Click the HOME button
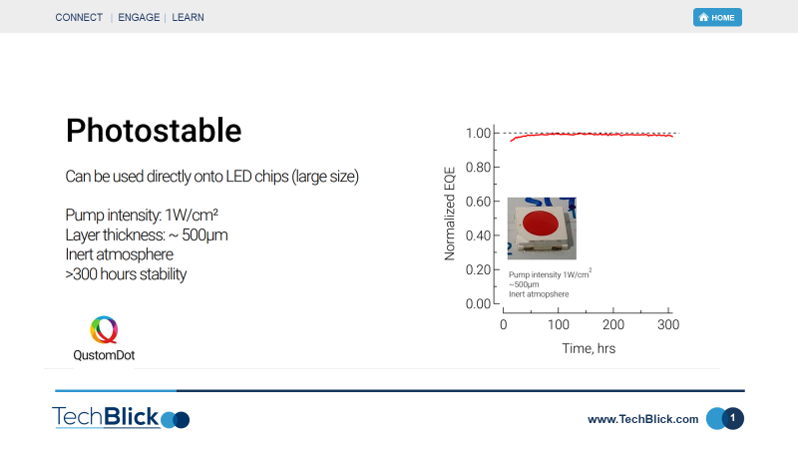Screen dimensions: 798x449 tap(717, 17)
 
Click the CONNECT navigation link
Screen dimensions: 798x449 tap(79, 17)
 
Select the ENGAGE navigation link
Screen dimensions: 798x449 tap(139, 17)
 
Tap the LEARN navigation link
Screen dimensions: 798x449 tap(188, 17)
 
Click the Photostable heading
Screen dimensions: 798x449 tap(154, 131)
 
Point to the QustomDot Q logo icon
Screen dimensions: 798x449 tap(104, 329)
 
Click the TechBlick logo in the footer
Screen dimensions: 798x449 tap(121, 417)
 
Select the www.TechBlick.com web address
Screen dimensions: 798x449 tap(642, 419)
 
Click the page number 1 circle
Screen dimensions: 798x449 tap(732, 418)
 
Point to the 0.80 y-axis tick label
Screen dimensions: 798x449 tap(478, 167)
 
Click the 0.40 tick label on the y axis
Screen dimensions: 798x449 tap(478, 235)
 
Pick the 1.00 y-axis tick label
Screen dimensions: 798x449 tap(478, 133)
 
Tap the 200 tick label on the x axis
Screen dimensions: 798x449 tap(613, 325)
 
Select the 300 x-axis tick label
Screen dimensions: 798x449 tap(668, 325)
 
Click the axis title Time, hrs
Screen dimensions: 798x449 tap(589, 348)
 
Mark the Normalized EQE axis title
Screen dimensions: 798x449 tap(450, 214)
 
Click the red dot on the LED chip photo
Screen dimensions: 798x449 tap(541, 224)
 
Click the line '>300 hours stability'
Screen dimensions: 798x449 tap(126, 274)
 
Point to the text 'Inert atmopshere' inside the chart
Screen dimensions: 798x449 tap(539, 294)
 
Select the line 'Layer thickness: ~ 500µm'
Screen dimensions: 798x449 tap(147, 235)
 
